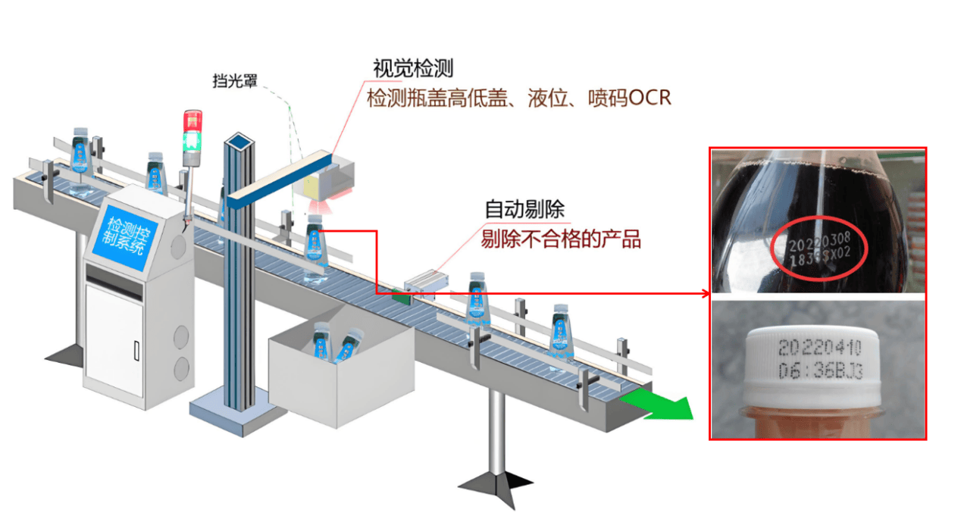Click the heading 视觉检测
(412, 68)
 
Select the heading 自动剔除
(524, 210)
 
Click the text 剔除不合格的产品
(561, 239)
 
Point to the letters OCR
(650, 98)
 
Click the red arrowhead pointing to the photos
(704, 293)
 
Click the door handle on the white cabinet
(136, 350)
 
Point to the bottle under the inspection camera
(316, 250)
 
